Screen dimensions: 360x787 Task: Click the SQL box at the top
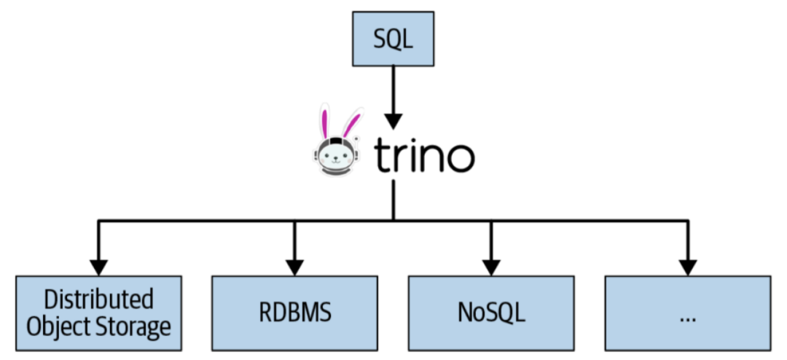tap(393, 39)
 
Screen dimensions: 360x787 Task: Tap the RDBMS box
tap(294, 313)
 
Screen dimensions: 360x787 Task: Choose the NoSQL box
tap(491, 313)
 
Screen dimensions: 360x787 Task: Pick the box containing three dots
tap(687, 313)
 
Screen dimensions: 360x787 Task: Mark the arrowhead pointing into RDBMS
tap(294, 265)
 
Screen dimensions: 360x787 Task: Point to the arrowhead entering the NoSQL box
tap(491, 265)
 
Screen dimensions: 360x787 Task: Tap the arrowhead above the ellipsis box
tap(687, 265)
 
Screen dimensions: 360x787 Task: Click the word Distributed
tap(99, 299)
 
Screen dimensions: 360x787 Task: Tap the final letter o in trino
tap(460, 159)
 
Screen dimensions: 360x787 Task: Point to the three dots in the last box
tap(687, 318)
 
